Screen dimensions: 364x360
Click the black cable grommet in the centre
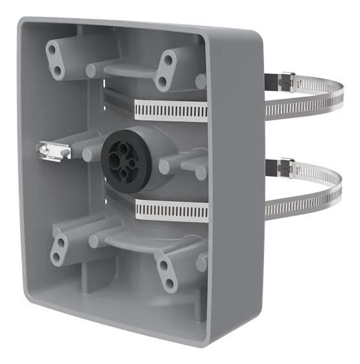coord(127,156)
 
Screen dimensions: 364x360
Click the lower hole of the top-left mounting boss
coord(57,69)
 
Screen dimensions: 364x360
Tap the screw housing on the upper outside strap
coord(285,82)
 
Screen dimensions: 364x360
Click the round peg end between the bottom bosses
coord(95,241)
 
